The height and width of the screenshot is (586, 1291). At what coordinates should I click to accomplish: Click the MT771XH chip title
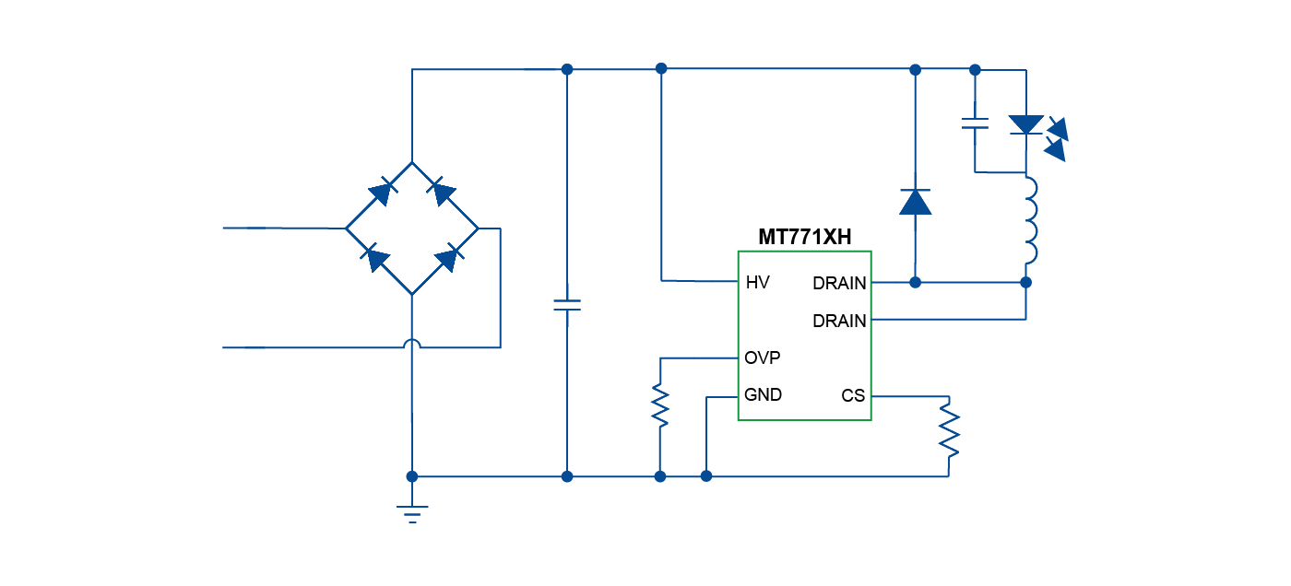(804, 237)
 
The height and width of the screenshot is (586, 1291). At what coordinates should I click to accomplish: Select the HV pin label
(757, 283)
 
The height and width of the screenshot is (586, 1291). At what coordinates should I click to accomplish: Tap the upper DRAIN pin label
(839, 284)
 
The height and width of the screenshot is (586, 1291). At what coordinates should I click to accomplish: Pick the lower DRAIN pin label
(839, 321)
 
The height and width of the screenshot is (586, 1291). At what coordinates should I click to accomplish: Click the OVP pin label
(763, 357)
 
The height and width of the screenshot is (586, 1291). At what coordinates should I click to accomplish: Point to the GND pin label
(763, 395)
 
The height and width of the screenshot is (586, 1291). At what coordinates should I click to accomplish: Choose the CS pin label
(853, 396)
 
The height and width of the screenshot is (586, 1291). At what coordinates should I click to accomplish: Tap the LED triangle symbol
(1025, 124)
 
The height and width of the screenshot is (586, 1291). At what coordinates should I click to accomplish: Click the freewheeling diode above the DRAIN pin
(915, 201)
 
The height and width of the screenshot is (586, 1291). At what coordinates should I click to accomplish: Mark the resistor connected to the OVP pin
(660, 405)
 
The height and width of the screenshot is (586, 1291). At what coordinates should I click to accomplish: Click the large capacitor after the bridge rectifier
(567, 305)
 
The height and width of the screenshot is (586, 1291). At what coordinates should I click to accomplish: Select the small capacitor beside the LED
(975, 123)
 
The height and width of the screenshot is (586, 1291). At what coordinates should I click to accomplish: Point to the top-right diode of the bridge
(443, 193)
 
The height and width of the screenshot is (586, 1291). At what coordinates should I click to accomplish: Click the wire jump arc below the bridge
(412, 344)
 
